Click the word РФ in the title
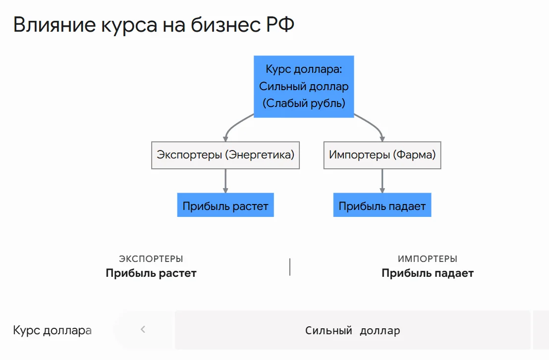tap(280, 24)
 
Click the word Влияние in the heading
tap(55, 24)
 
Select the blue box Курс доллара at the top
tap(304, 87)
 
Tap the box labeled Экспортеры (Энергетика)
tap(225, 155)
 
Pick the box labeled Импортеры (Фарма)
tap(383, 155)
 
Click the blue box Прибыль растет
tap(225, 205)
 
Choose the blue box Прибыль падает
tap(383, 205)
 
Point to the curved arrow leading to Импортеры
tap(373, 125)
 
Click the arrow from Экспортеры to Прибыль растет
tap(225, 181)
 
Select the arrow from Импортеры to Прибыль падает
tap(383, 181)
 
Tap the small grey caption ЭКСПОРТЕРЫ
tap(151, 259)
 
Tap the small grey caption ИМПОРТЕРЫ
tap(428, 259)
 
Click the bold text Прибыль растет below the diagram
tap(151, 273)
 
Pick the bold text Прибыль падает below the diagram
tap(428, 273)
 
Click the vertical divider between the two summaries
tap(290, 267)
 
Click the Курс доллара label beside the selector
tap(52, 330)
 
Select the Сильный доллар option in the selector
tap(353, 330)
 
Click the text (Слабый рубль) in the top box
tap(304, 103)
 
